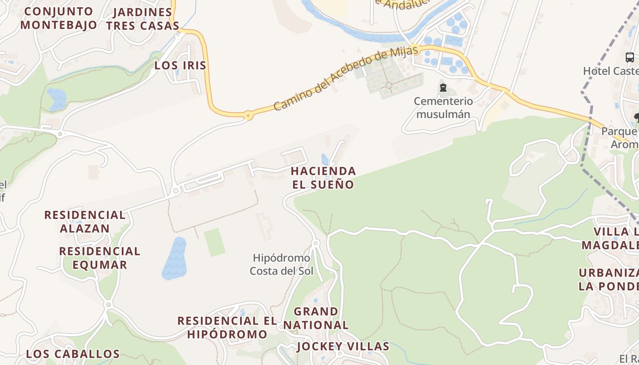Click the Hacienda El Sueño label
(323, 178)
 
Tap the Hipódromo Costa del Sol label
(281, 265)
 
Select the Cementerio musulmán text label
(443, 108)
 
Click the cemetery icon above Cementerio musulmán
(443, 88)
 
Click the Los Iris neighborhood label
(180, 65)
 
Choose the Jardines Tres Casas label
(142, 19)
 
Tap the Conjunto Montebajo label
(58, 18)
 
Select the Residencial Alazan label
(85, 221)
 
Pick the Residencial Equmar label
(100, 258)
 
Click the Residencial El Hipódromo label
(227, 327)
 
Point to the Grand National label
(316, 318)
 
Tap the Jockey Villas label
(343, 346)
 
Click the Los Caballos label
(73, 354)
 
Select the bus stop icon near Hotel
(629, 57)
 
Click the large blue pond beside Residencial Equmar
(174, 258)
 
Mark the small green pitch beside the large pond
(214, 242)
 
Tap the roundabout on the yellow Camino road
(248, 115)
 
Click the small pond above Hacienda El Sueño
(325, 159)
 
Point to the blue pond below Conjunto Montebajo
(57, 99)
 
